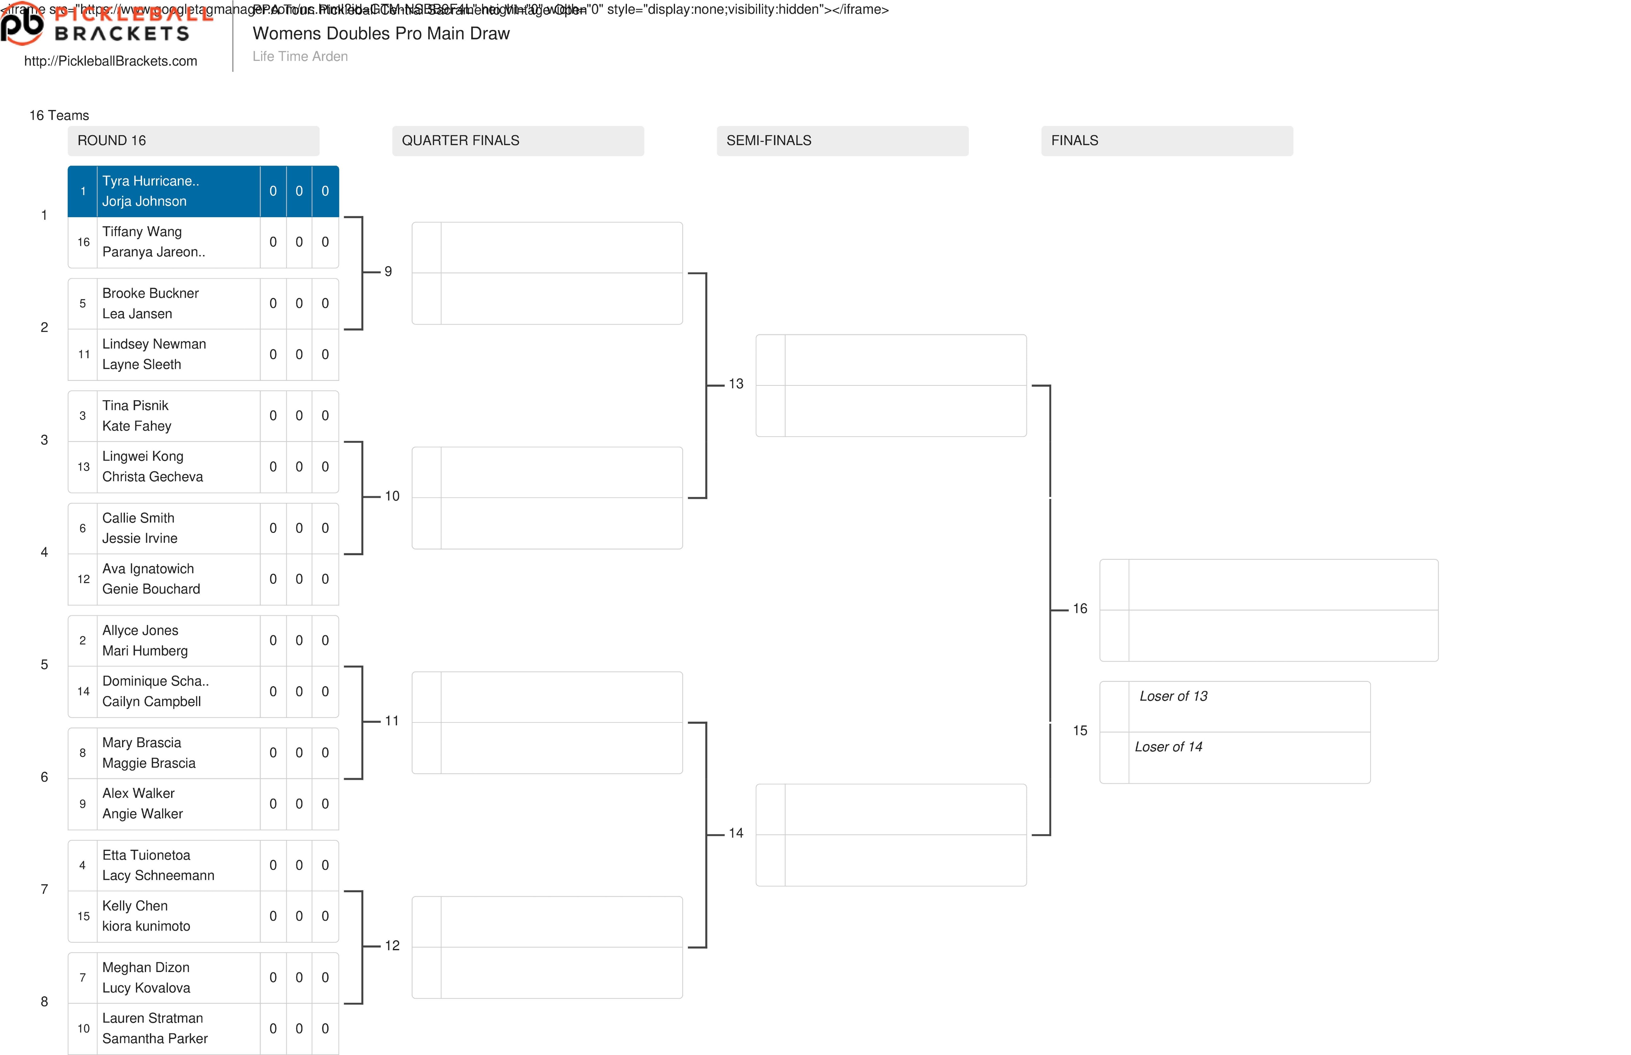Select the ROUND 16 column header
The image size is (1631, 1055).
click(112, 140)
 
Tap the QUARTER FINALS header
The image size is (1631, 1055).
click(460, 140)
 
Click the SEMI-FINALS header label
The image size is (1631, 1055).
click(769, 140)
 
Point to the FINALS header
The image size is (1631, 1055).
click(1074, 140)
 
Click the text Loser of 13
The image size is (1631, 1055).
click(1173, 696)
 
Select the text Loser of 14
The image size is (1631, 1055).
click(1168, 747)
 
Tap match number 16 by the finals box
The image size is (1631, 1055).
click(1080, 608)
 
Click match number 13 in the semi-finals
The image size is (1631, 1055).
click(736, 383)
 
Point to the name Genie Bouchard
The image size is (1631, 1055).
click(151, 589)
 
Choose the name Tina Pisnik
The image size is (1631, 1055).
click(135, 406)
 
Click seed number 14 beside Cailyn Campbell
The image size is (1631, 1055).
click(83, 691)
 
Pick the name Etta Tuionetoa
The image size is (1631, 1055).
click(146, 855)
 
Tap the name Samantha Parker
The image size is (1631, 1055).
click(155, 1039)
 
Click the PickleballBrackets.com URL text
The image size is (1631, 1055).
click(110, 61)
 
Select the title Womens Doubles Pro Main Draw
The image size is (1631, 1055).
click(381, 34)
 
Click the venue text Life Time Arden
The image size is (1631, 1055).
click(300, 56)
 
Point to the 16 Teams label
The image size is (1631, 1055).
click(59, 115)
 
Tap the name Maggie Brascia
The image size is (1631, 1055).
click(149, 763)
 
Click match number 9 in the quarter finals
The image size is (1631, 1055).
click(388, 271)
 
